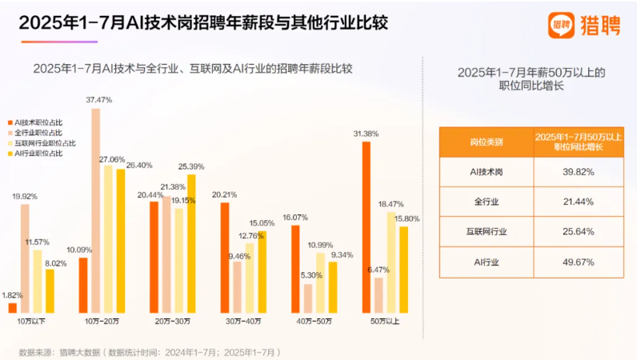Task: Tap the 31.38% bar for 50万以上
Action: click(x=367, y=226)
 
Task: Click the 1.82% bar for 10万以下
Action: click(x=12, y=307)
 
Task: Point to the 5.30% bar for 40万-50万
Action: click(x=307, y=298)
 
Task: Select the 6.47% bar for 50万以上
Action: click(x=379, y=294)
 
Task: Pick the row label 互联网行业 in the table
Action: click(x=487, y=232)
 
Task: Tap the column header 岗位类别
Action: click(x=487, y=142)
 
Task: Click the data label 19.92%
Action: click(x=24, y=196)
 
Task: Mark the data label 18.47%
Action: click(x=391, y=204)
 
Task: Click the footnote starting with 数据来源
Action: click(x=149, y=351)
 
